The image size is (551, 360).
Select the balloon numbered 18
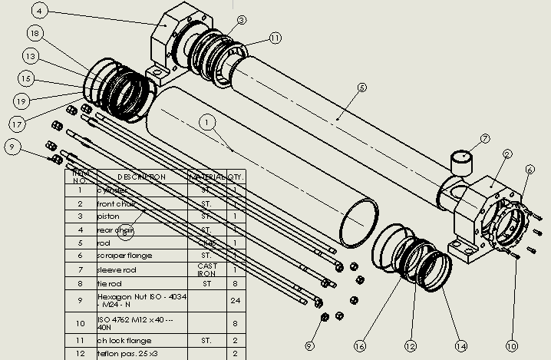pyautogui.click(x=34, y=33)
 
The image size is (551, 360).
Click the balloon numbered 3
pyautogui.click(x=242, y=21)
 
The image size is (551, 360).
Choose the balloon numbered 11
pyautogui.click(x=275, y=37)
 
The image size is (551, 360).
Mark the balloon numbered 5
pyautogui.click(x=362, y=88)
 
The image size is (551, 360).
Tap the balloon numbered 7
pyautogui.click(x=484, y=139)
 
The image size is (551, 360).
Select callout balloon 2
pyautogui.click(x=507, y=154)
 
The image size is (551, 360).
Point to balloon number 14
pyautogui.click(x=460, y=346)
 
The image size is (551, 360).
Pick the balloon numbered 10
pyautogui.click(x=512, y=346)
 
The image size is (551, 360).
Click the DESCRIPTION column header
pyautogui.click(x=142, y=177)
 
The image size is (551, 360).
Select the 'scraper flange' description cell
pyautogui.click(x=125, y=256)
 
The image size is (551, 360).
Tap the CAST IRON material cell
pyautogui.click(x=207, y=269)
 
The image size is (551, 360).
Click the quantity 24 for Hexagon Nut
pyautogui.click(x=235, y=300)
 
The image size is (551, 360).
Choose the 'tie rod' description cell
pyautogui.click(x=114, y=284)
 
